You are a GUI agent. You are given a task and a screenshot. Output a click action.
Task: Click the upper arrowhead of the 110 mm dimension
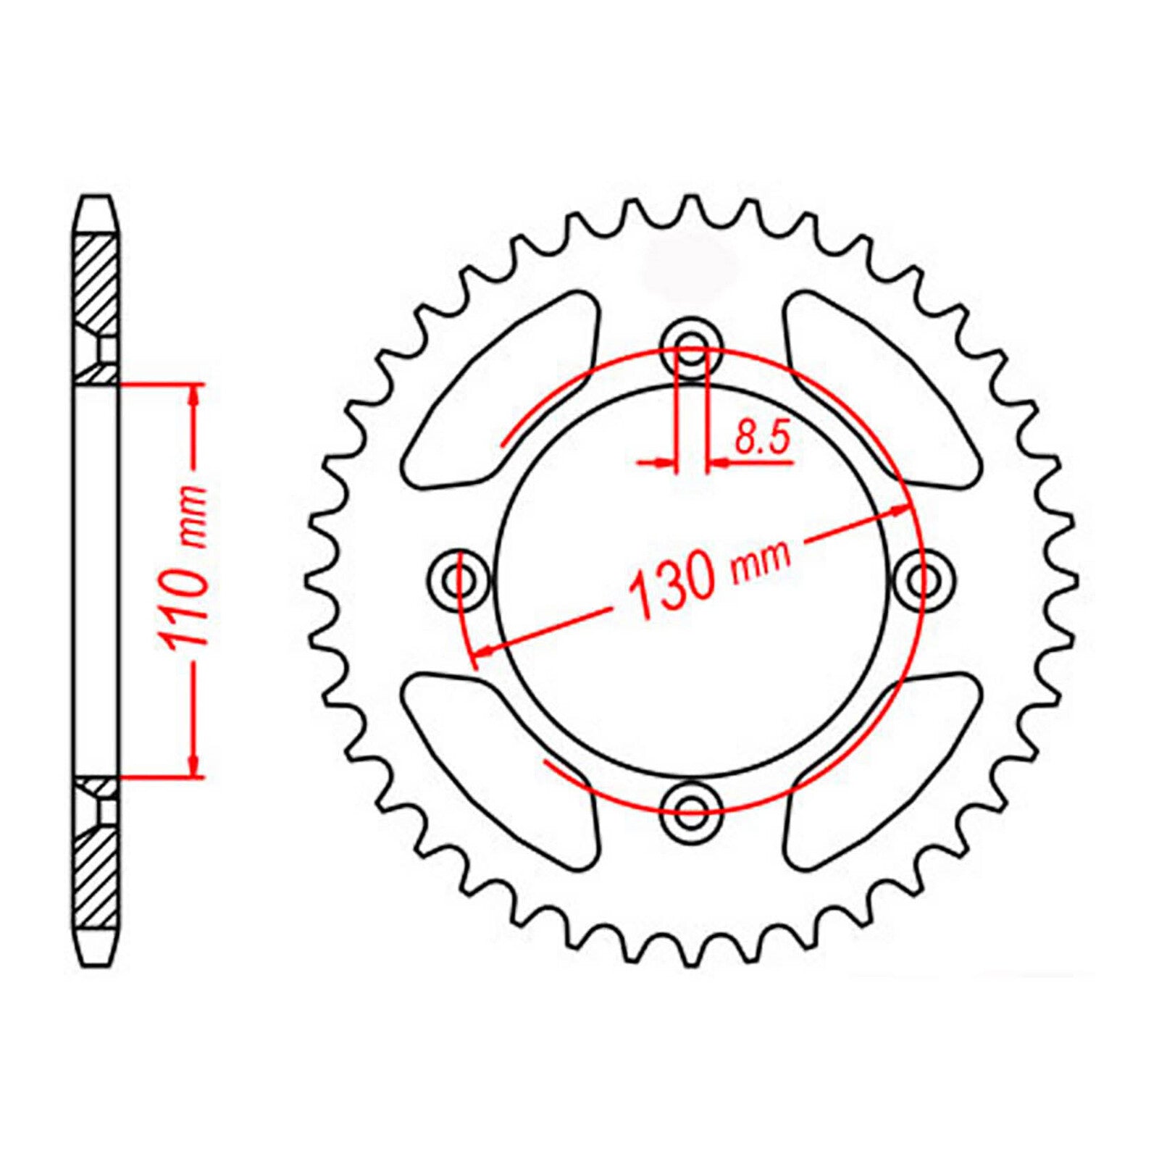click(193, 396)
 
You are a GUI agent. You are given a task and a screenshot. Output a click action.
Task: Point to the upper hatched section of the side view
click(95, 283)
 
